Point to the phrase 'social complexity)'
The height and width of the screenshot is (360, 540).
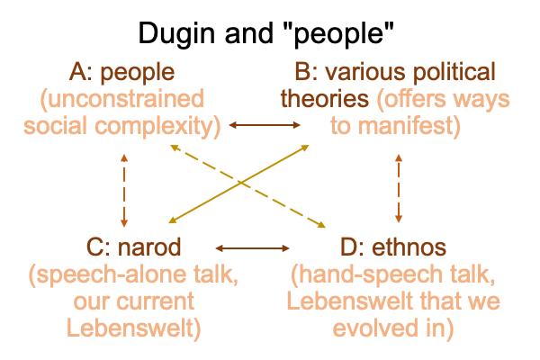click(123, 125)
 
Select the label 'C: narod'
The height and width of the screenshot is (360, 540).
click(123, 245)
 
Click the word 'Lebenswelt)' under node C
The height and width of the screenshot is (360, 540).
click(123, 327)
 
